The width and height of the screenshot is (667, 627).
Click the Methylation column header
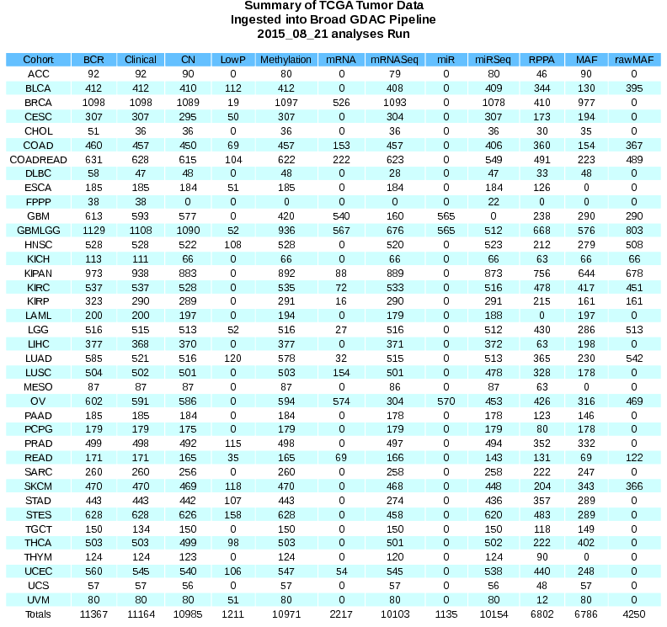tap(285, 60)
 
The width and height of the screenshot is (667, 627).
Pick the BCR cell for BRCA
tap(93, 102)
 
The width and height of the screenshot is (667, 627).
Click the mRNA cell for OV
tap(342, 400)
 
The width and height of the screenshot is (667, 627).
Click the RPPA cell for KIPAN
tap(536, 273)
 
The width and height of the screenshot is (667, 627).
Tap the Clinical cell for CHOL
tap(141, 130)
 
